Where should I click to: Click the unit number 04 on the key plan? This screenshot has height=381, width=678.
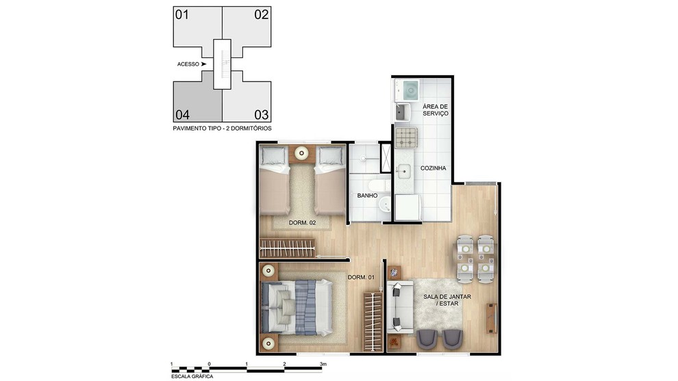coord(182,115)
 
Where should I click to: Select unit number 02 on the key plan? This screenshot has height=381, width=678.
coord(262,14)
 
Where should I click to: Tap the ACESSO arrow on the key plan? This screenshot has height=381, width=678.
coord(203,64)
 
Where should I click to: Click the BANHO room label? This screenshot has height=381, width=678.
coord(367,196)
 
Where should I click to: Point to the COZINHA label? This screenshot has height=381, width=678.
coord(434,168)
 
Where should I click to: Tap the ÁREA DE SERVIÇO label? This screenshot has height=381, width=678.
coord(436,109)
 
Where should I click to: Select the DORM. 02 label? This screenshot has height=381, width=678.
coord(302,223)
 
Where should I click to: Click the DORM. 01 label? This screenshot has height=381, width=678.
coord(361,277)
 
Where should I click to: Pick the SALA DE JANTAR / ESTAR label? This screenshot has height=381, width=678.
coord(447,300)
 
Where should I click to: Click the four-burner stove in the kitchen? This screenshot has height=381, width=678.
coord(406,137)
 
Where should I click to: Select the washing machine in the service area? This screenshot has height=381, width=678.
coord(407,90)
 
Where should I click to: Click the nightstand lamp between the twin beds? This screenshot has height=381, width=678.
coord(301,153)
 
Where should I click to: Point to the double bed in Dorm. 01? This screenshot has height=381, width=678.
coord(296,307)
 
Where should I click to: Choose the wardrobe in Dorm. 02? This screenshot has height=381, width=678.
coord(288,248)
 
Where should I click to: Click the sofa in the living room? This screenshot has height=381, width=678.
coord(399,307)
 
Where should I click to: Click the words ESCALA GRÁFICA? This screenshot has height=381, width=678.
coord(192,377)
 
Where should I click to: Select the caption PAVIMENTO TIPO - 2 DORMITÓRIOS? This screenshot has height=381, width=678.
coord(223,129)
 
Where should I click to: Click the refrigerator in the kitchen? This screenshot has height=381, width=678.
coord(407,207)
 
